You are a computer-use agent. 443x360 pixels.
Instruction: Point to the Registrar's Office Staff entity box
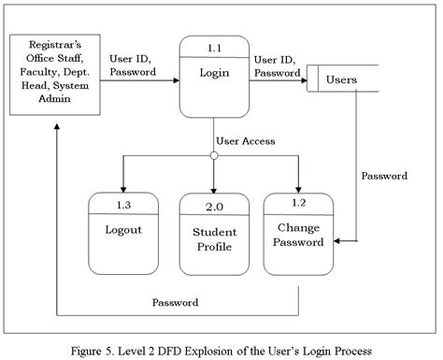click(55, 74)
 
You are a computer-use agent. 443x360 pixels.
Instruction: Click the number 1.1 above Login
click(214, 46)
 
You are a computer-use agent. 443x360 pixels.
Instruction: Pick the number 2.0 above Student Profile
click(214, 203)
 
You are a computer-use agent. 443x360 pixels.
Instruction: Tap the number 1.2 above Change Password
click(300, 202)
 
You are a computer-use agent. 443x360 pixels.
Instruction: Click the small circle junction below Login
click(214, 155)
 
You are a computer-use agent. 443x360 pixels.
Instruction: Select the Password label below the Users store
click(383, 175)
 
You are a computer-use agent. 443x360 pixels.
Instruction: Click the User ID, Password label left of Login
click(133, 64)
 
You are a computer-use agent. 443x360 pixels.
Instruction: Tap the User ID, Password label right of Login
click(278, 65)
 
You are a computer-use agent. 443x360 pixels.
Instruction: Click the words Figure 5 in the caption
click(93, 348)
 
